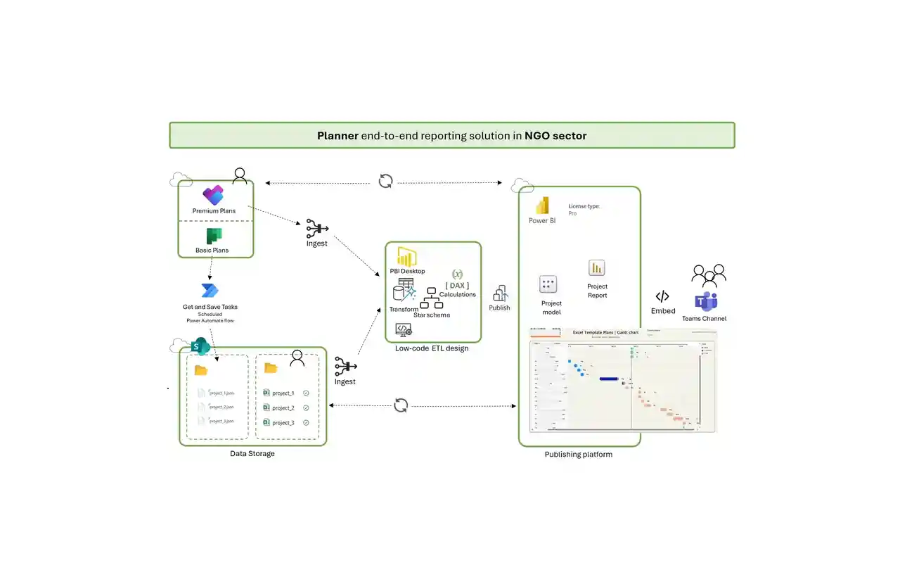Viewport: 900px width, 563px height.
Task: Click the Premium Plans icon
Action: (213, 195)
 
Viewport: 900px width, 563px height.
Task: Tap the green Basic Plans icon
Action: (213, 236)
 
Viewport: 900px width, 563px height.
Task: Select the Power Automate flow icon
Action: (210, 291)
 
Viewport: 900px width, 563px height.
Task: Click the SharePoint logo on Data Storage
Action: (200, 346)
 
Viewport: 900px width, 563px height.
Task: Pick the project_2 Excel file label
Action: (283, 408)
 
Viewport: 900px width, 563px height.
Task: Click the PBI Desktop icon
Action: (407, 257)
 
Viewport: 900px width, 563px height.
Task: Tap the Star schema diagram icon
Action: (430, 299)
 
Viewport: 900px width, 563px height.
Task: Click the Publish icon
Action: (500, 293)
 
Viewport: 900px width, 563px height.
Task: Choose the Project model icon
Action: (548, 285)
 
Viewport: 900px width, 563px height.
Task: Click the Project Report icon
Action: (597, 268)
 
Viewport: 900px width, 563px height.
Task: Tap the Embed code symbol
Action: (662, 296)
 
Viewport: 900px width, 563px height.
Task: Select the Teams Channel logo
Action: (705, 302)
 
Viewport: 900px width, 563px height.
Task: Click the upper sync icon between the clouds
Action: (385, 181)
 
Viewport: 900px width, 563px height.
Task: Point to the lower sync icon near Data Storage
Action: (401, 405)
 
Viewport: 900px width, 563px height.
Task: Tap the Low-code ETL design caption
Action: (432, 348)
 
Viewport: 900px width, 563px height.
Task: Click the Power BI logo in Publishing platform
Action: (542, 205)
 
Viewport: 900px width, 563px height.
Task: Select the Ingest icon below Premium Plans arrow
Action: (316, 228)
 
